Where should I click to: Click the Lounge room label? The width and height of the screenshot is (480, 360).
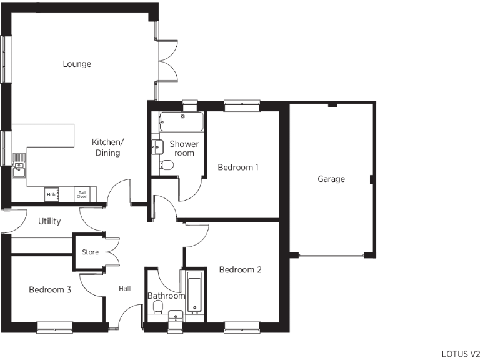[x=77, y=64]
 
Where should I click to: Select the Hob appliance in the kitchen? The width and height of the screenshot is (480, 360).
[x=51, y=195]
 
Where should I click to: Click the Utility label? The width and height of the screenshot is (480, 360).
[x=49, y=221]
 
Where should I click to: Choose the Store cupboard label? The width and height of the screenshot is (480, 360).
[x=91, y=252]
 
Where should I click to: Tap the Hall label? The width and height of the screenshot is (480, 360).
[x=125, y=288]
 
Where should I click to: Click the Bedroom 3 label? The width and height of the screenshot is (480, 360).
[x=50, y=290]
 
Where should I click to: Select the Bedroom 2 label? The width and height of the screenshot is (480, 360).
[x=240, y=270]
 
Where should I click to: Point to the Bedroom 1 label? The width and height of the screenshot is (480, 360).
[x=238, y=167]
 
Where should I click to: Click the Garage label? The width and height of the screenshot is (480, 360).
[x=331, y=179]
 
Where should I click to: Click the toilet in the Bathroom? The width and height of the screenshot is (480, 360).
[x=158, y=306]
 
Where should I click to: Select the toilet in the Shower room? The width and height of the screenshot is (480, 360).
[x=166, y=165]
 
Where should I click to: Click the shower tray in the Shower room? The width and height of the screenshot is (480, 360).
[x=181, y=122]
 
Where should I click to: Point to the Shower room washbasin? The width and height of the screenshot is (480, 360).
[x=157, y=146]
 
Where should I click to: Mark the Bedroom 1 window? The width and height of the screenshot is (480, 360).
[x=242, y=106]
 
